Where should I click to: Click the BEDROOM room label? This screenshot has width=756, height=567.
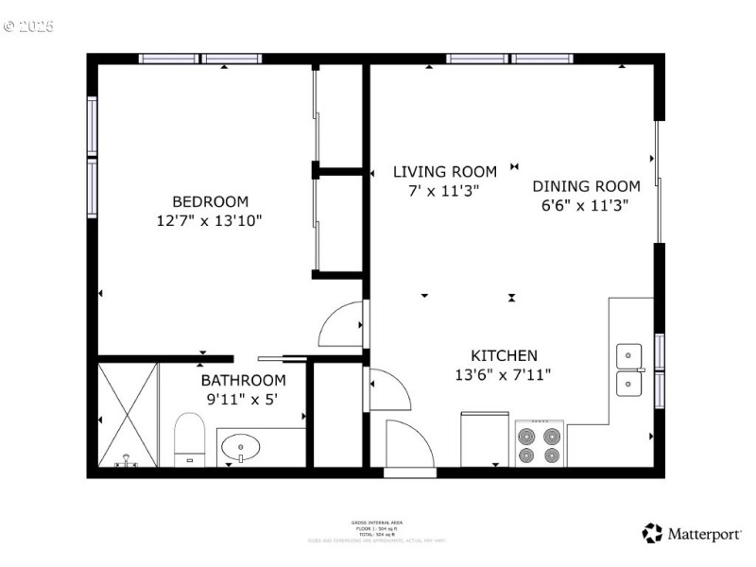210,201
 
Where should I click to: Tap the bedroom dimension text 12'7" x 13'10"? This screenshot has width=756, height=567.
210,220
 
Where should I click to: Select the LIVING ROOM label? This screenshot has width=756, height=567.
444,172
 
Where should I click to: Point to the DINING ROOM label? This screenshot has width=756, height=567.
586,186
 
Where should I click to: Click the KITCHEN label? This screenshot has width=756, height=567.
504,355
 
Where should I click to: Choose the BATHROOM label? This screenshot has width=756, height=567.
243,380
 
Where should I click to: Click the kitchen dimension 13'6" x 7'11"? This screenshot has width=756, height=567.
504,374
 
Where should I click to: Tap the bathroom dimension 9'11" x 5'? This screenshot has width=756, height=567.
243,399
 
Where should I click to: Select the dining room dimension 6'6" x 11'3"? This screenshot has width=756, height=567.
586,204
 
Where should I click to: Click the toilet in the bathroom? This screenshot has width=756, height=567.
190,442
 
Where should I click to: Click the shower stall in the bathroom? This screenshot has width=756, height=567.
128,414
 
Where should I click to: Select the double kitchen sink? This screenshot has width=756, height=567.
629,369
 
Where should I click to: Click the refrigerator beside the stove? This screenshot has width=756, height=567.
485,438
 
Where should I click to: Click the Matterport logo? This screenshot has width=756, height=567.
692,534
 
